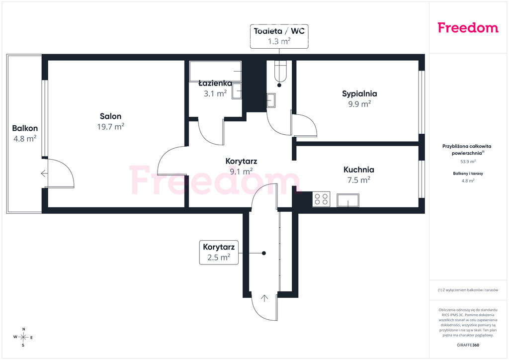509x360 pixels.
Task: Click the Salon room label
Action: click(x=111, y=116)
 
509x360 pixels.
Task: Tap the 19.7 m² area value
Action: click(x=111, y=127)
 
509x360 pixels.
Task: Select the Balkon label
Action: click(x=25, y=128)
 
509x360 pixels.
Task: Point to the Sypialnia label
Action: click(x=359, y=94)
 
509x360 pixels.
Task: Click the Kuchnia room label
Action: click(x=359, y=170)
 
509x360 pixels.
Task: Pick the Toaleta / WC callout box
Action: click(x=279, y=36)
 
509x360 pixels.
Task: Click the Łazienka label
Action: click(x=215, y=83)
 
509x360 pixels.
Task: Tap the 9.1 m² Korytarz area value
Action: click(x=241, y=172)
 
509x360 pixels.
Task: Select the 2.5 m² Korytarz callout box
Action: click(x=219, y=252)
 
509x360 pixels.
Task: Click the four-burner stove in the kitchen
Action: click(x=322, y=199)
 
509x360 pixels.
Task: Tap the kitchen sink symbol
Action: click(x=348, y=200)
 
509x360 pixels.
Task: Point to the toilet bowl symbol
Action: click(x=280, y=71)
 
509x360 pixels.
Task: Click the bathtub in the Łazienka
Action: click(x=216, y=71)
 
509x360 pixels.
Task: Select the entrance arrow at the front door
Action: click(x=264, y=298)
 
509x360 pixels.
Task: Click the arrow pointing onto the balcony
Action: click(x=44, y=174)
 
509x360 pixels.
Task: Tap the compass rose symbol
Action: click(x=23, y=337)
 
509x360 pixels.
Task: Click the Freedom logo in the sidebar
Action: click(x=468, y=27)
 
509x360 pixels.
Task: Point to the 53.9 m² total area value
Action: click(x=468, y=162)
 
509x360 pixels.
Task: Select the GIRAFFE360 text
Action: click(x=468, y=345)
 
